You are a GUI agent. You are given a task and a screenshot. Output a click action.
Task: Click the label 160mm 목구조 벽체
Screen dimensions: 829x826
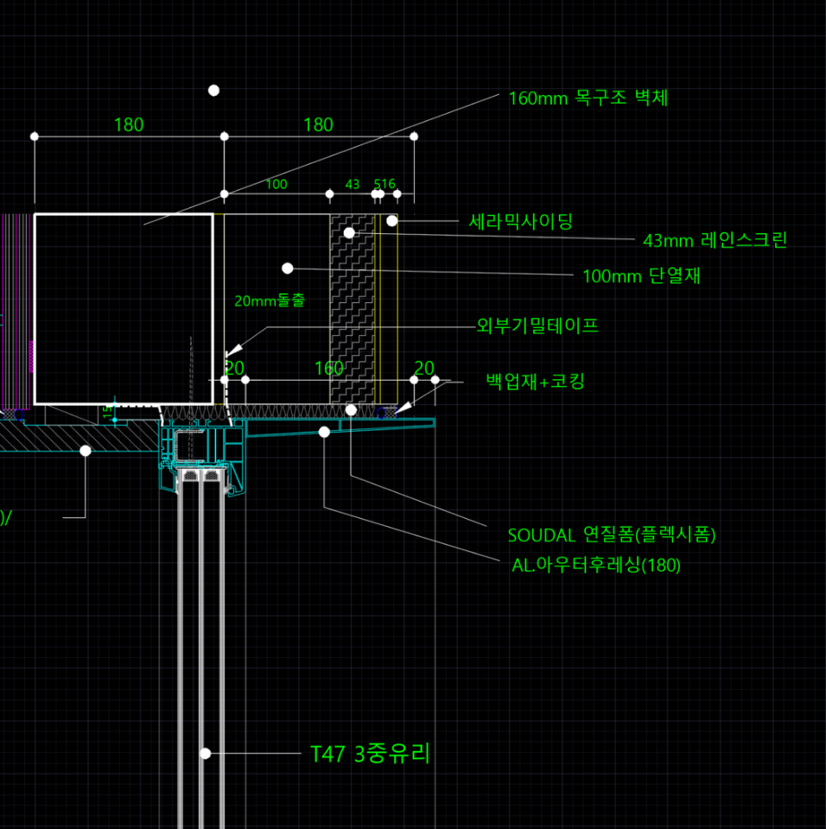click(588, 98)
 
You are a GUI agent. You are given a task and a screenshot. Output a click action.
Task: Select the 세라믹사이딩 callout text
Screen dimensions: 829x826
click(520, 222)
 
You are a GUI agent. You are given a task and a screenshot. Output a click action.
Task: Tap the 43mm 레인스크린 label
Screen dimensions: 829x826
click(715, 240)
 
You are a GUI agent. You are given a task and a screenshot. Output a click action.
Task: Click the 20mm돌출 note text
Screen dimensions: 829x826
click(270, 301)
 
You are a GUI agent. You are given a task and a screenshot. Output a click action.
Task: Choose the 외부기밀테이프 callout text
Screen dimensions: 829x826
click(537, 326)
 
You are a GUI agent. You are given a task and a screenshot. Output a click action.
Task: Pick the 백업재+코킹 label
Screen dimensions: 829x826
click(535, 381)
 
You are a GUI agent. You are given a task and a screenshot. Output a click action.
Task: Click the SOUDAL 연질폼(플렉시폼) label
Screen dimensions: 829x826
click(612, 535)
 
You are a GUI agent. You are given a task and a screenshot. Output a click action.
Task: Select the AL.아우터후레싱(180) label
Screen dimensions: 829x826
click(596, 566)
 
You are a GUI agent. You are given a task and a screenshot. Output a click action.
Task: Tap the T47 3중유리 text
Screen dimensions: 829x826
click(370, 754)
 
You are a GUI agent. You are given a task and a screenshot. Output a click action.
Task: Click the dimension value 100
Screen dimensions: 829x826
click(276, 184)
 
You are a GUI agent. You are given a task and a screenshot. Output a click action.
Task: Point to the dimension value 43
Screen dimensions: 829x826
click(353, 184)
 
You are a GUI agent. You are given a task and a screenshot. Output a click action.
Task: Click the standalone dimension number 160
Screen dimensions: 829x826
click(329, 369)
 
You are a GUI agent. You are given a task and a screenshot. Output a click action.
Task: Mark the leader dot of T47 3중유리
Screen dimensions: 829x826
click(206, 754)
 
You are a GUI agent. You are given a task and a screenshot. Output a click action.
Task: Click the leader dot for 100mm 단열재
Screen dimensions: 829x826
click(288, 269)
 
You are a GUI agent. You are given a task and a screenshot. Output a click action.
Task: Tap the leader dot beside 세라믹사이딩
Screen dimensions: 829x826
click(391, 221)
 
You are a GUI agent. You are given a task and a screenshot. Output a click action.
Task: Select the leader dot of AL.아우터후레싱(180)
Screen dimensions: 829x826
click(324, 432)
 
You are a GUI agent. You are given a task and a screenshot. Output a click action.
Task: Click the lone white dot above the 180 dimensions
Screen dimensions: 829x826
click(213, 91)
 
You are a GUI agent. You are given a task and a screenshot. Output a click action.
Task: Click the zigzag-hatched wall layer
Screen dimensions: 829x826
click(353, 311)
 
